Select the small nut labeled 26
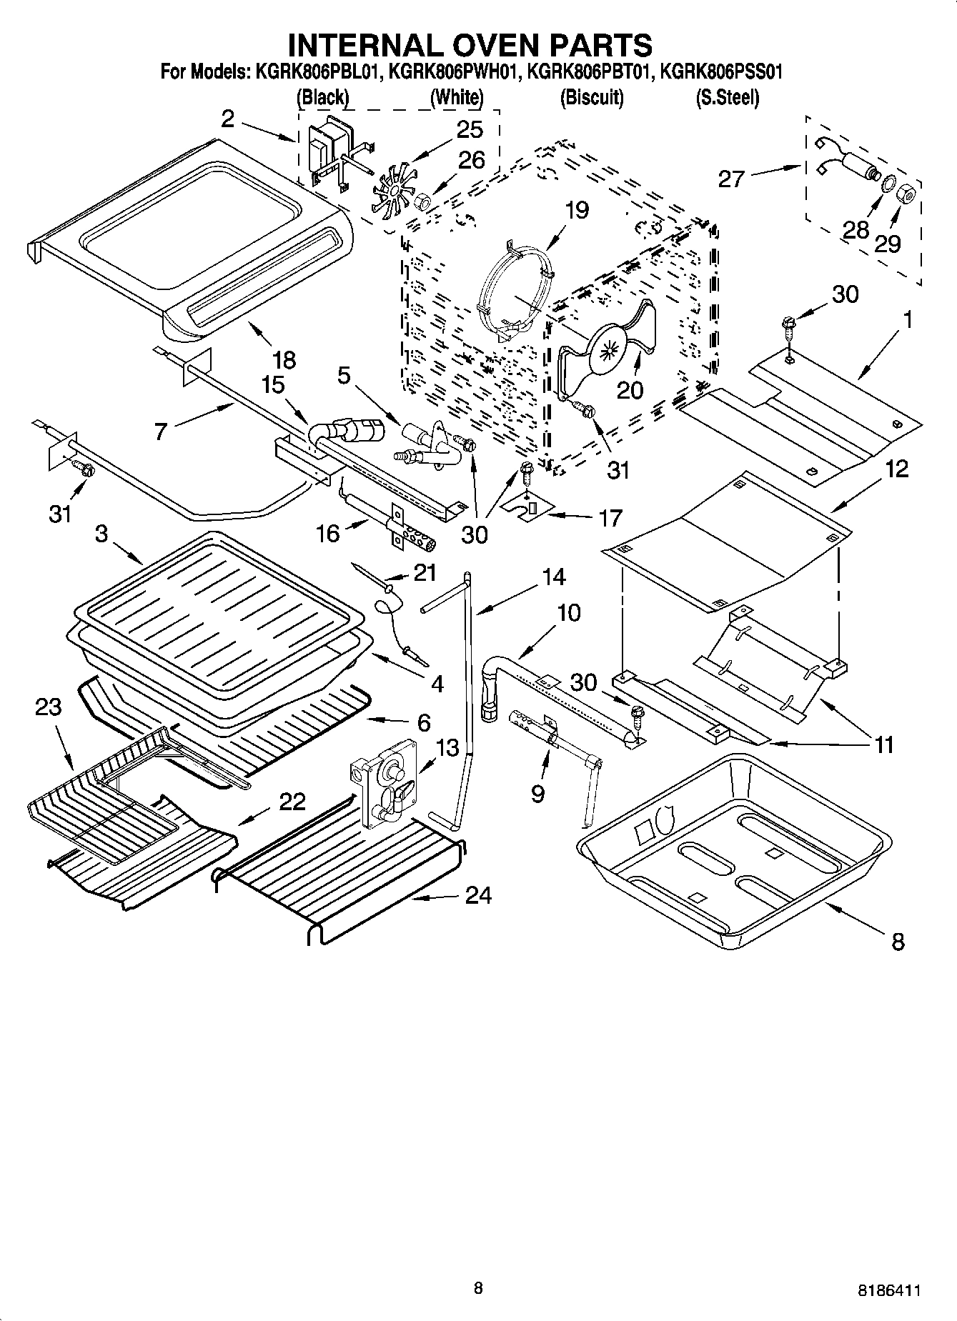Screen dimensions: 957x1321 423,202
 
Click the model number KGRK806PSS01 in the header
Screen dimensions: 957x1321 721,72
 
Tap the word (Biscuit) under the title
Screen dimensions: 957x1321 591,98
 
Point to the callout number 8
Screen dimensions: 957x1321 898,942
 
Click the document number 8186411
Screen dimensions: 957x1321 888,1290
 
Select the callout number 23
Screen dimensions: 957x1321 49,707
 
